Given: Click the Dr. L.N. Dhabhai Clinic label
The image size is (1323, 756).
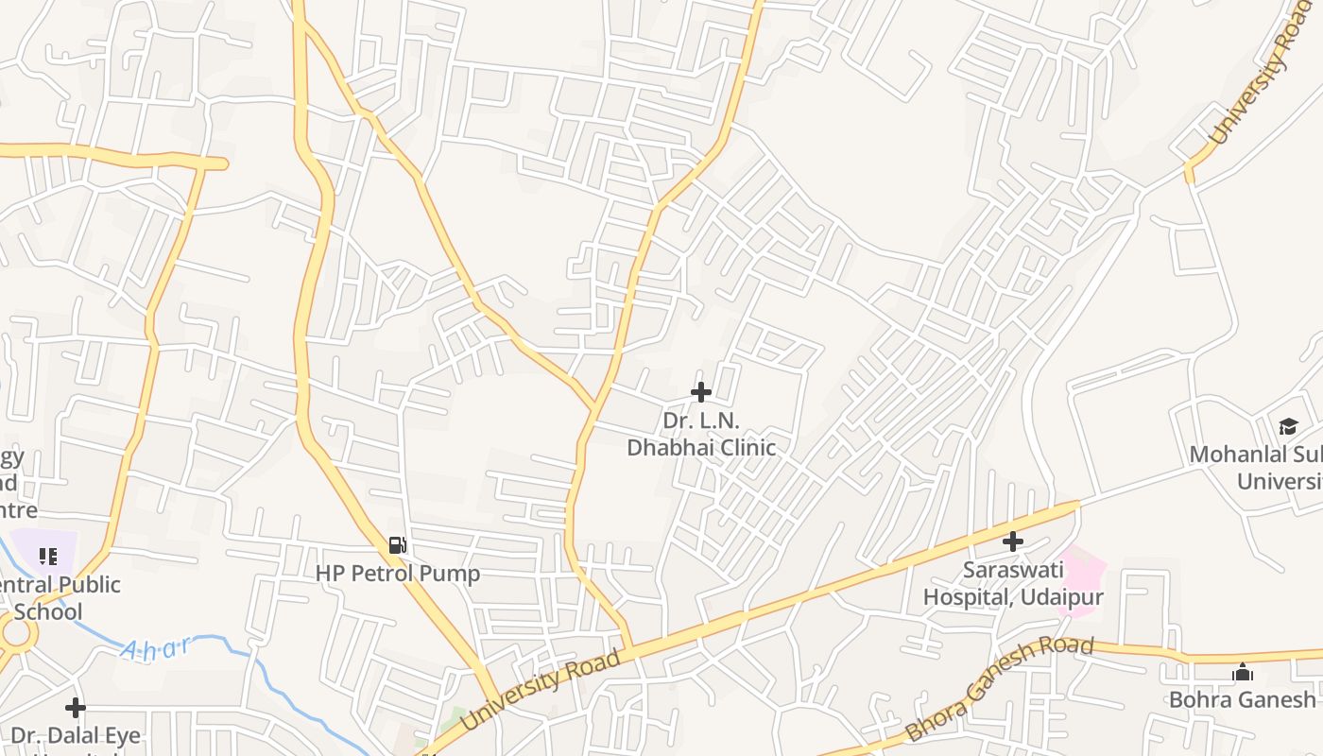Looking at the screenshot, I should click(701, 434).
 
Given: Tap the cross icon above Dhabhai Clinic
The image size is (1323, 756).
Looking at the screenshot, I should click(701, 392).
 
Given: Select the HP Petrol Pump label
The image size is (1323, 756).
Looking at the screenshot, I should click(398, 574).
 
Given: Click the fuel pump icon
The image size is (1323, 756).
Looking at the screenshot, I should click(398, 545).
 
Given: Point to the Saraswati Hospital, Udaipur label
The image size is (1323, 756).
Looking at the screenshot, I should click(1013, 583).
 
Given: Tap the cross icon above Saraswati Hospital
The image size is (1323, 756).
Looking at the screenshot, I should click(1013, 541).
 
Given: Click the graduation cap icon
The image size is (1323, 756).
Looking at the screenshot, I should click(1288, 426).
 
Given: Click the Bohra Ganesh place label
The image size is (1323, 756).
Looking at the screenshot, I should click(1243, 699).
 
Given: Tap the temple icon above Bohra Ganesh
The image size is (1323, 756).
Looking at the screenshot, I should click(1243, 673).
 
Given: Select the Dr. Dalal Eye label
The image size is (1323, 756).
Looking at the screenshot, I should click(76, 736).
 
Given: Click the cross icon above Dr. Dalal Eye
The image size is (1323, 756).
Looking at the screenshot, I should click(76, 707).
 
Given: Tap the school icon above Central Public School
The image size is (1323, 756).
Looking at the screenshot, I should click(47, 557).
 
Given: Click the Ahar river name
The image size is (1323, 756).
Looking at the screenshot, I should click(156, 648).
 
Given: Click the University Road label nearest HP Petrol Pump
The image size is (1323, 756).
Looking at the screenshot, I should click(541, 692).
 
